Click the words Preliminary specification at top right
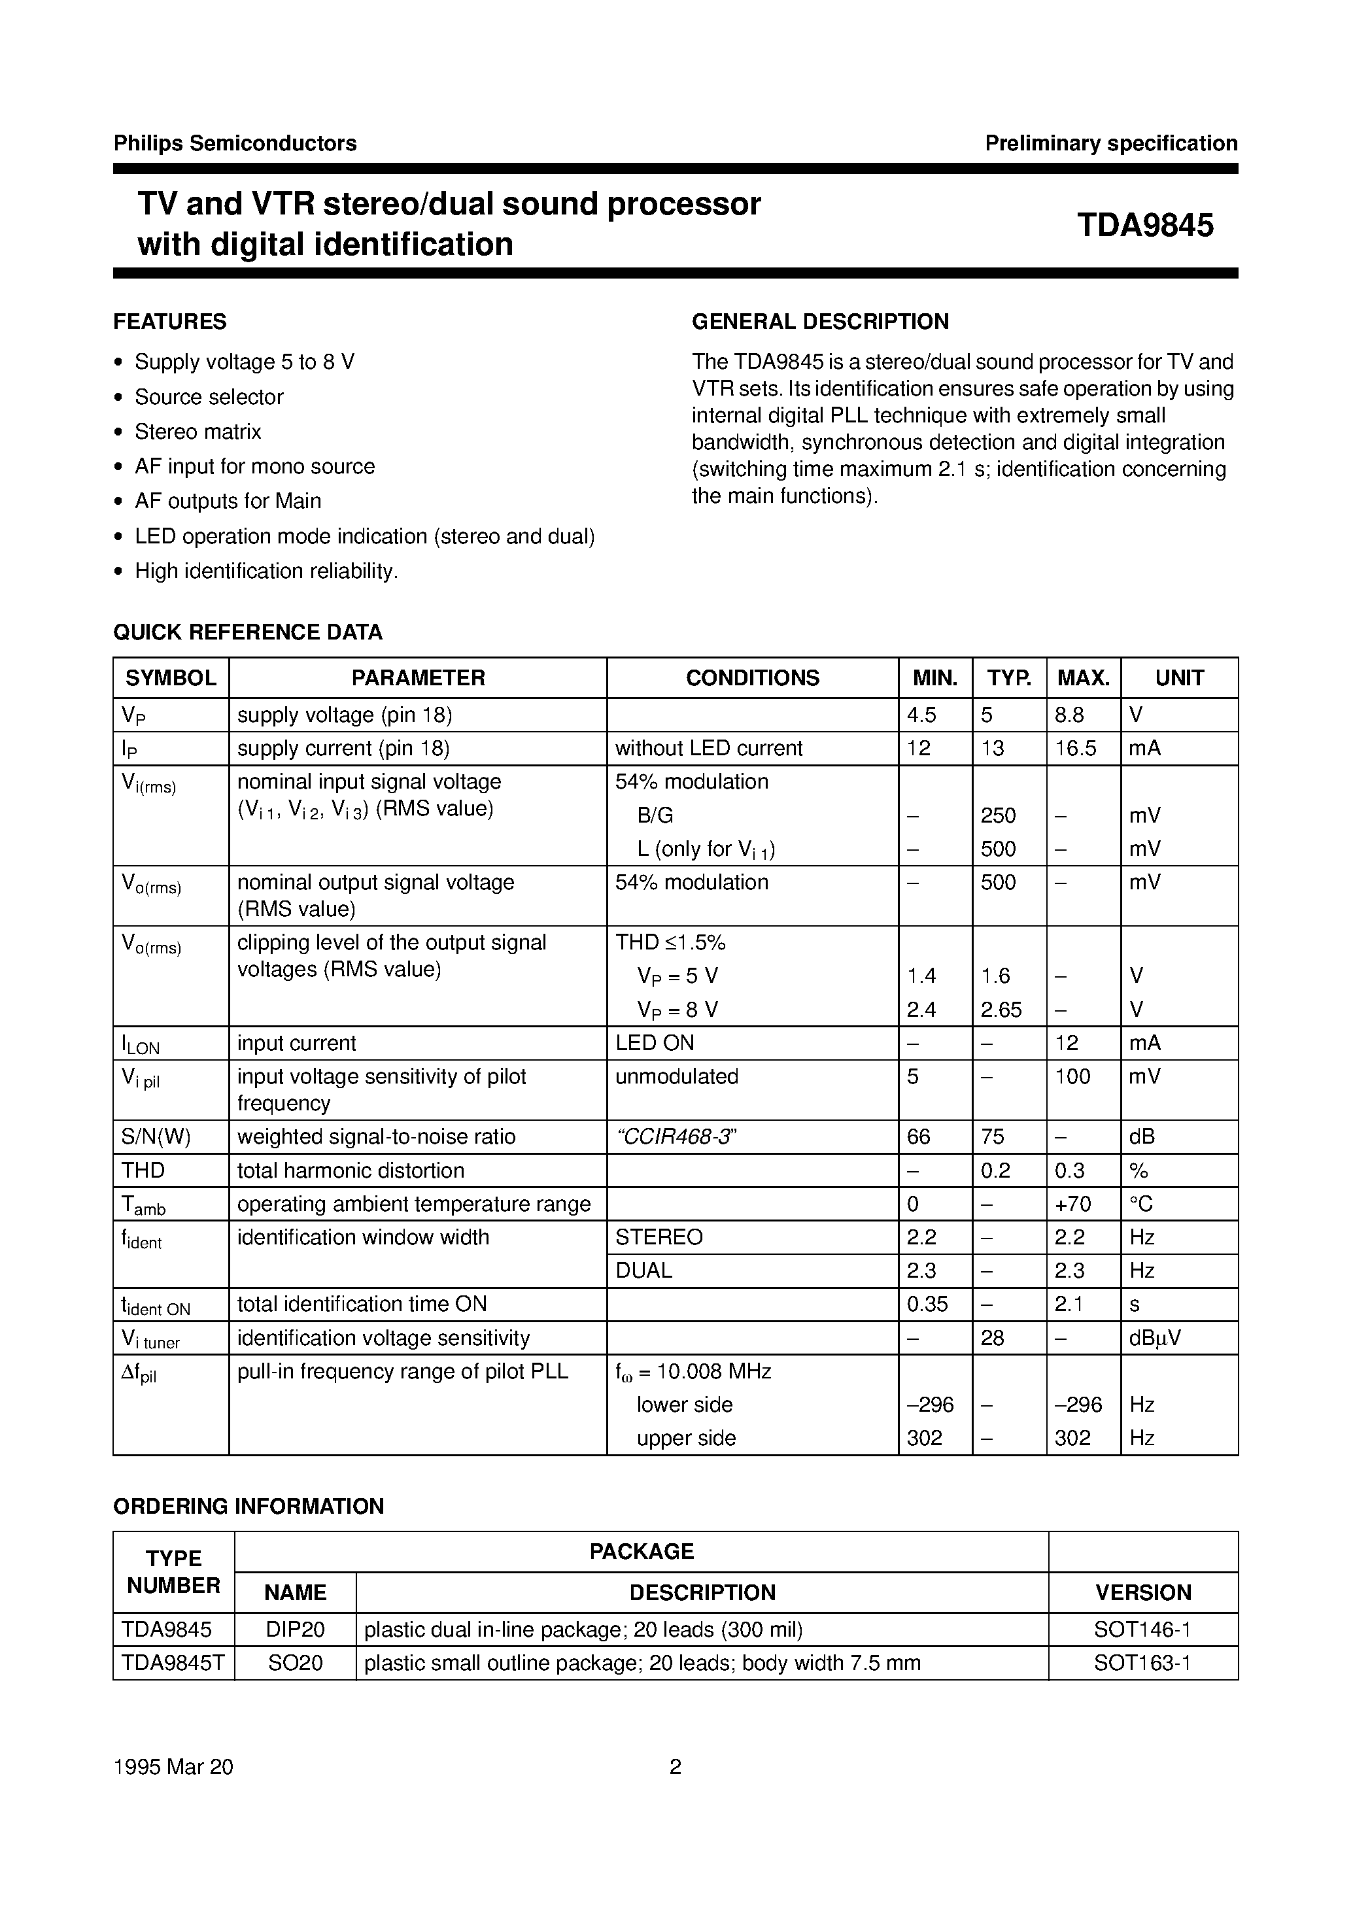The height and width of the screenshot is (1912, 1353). tap(1110, 143)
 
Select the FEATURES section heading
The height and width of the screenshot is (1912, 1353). tap(170, 322)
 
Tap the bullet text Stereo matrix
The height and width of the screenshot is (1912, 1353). tap(197, 432)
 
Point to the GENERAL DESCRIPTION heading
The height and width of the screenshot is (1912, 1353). tap(820, 322)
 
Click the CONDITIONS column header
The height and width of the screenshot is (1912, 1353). tap(751, 677)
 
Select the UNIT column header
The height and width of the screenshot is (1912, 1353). tap(1179, 677)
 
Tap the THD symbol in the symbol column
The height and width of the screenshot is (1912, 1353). tap(143, 1170)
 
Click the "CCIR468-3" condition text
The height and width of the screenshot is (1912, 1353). tap(676, 1137)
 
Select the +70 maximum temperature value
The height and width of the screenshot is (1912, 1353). tap(1072, 1204)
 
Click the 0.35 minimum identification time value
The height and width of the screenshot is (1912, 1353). tap(927, 1304)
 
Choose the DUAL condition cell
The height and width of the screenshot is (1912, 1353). tap(643, 1271)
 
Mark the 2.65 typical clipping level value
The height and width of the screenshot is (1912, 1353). tap(1001, 1010)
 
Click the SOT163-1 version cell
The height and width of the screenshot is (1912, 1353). tap(1142, 1663)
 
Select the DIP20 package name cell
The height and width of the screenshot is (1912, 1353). tap(295, 1629)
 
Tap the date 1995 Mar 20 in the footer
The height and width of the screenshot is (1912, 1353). tap(173, 1766)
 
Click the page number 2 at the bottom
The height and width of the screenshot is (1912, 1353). tap(675, 1766)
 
